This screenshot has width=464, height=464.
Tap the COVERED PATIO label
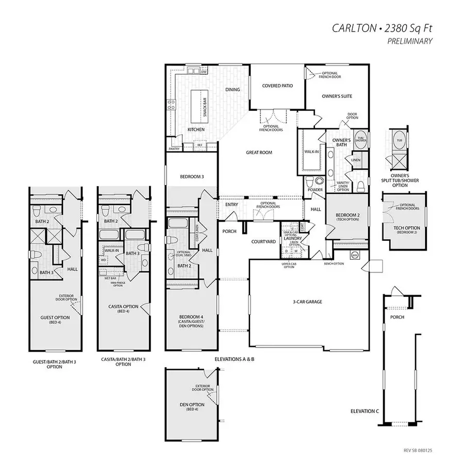tap(277, 86)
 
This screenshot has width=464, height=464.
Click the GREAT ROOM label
tap(259, 153)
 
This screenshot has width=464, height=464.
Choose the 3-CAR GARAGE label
tap(306, 302)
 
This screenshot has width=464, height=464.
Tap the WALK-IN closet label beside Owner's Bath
tap(311, 152)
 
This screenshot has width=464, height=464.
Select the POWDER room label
tap(315, 190)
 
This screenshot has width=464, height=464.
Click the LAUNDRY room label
tap(292, 239)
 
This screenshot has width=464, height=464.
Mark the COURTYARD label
tap(261, 241)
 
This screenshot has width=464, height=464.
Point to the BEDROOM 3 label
tap(192, 177)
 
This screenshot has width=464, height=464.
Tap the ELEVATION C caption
tap(364, 411)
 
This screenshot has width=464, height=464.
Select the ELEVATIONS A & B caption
tap(235, 358)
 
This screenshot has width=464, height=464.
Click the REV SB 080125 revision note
tap(419, 450)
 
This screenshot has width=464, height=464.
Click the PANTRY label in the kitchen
tap(174, 150)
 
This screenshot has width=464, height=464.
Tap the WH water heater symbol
tap(355, 254)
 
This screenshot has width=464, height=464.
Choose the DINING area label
tap(233, 90)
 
